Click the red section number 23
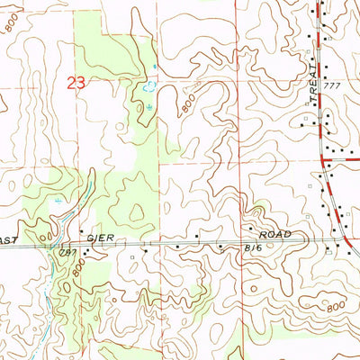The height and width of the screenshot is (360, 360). pos(76,82)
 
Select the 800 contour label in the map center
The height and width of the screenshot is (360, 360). pos(186,107)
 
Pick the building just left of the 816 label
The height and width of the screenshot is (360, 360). pos(220,243)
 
